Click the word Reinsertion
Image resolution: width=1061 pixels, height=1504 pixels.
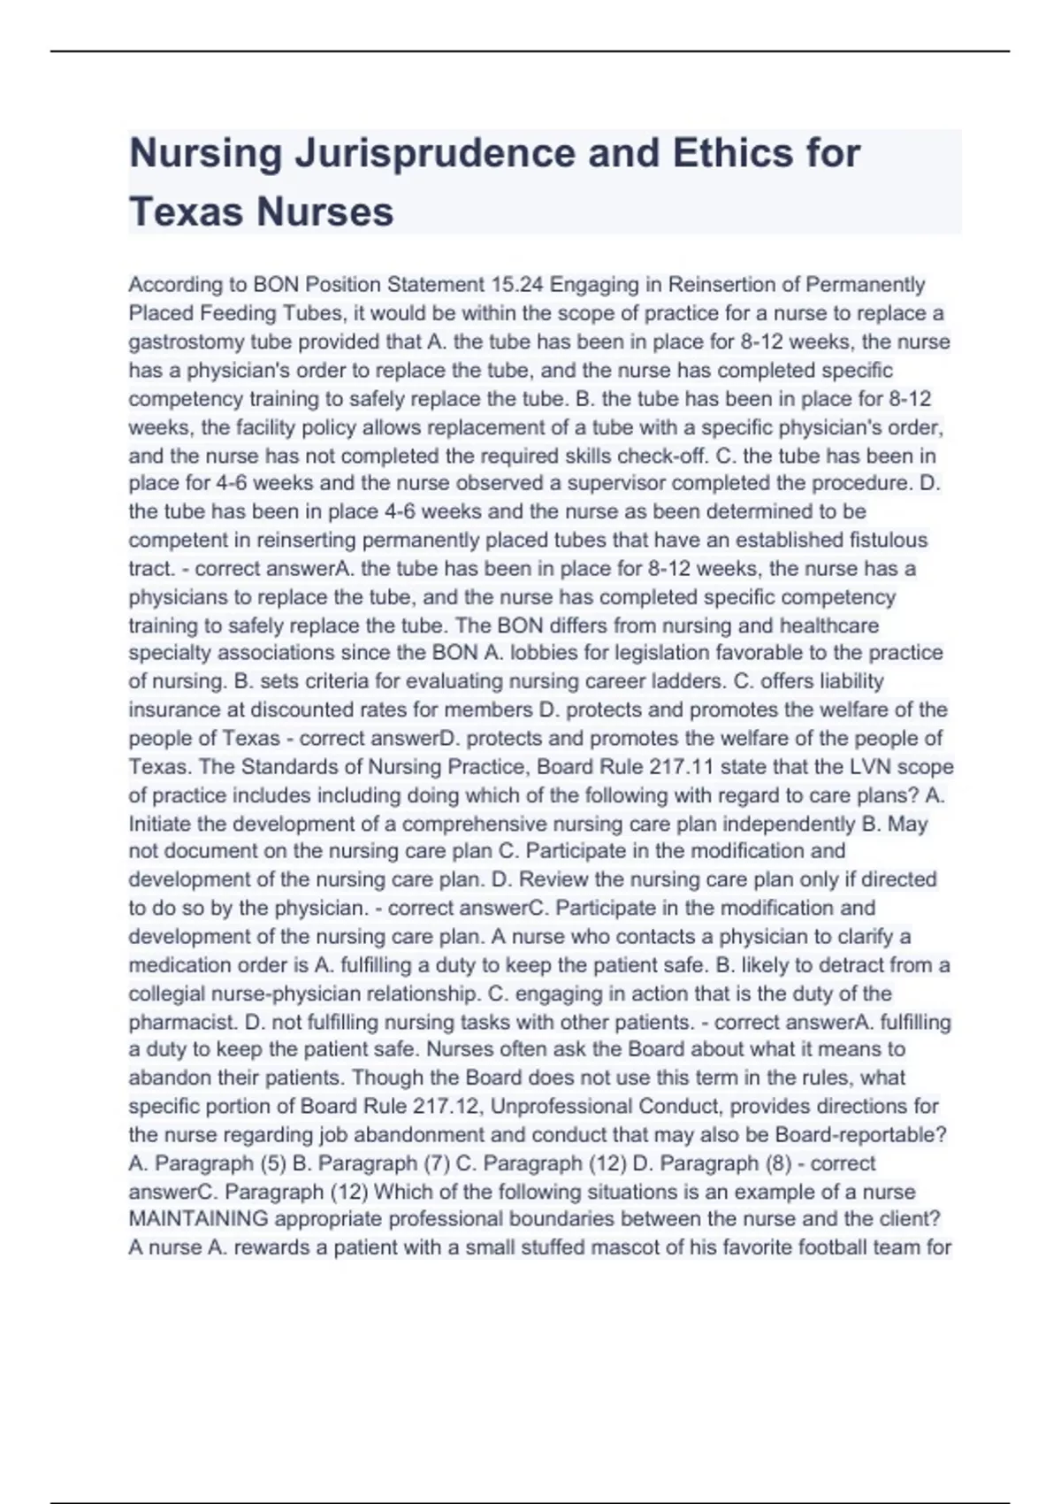[721, 285]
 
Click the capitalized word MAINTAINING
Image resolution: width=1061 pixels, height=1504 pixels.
[198, 1219]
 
